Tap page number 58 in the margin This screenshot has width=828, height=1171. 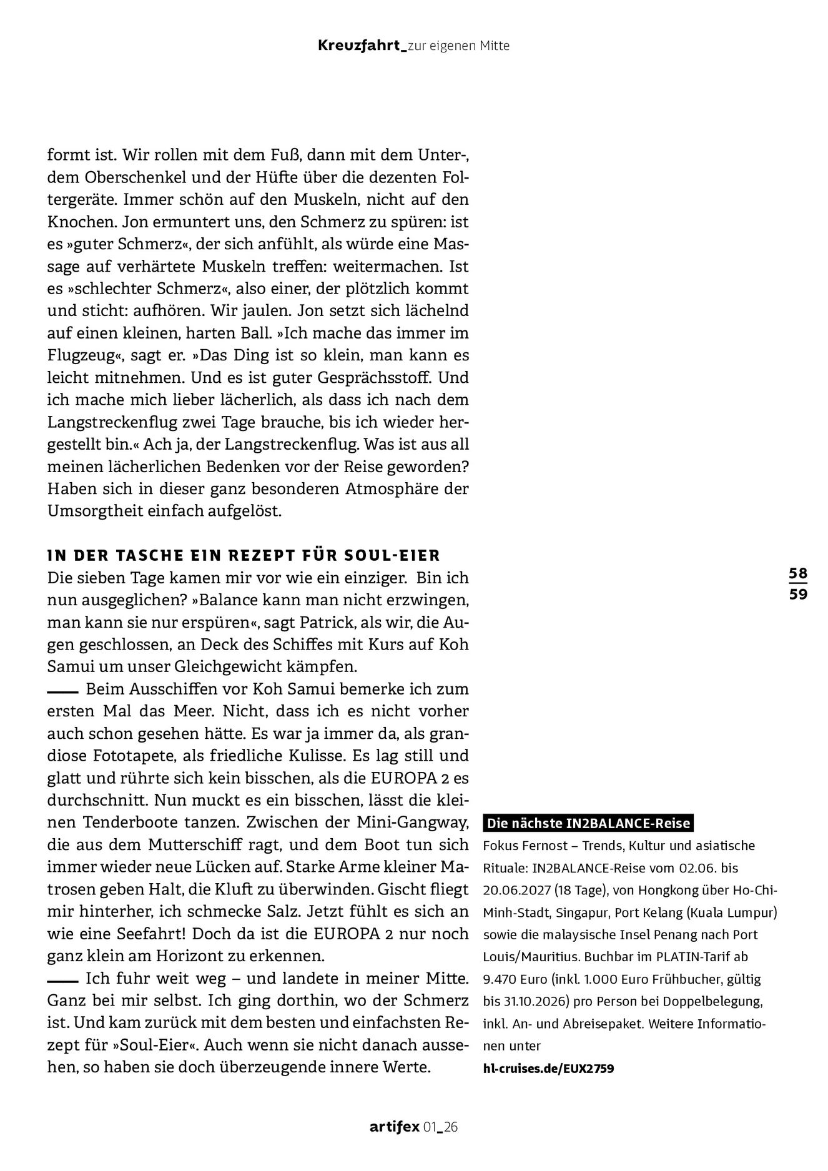tap(798, 573)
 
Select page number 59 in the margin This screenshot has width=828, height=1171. tap(798, 594)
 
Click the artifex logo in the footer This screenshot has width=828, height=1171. tap(394, 1127)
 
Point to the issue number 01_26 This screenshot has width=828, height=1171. tap(441, 1127)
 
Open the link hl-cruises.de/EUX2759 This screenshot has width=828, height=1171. tap(548, 1069)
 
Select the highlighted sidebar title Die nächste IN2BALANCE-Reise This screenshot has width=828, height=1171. tap(588, 823)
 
